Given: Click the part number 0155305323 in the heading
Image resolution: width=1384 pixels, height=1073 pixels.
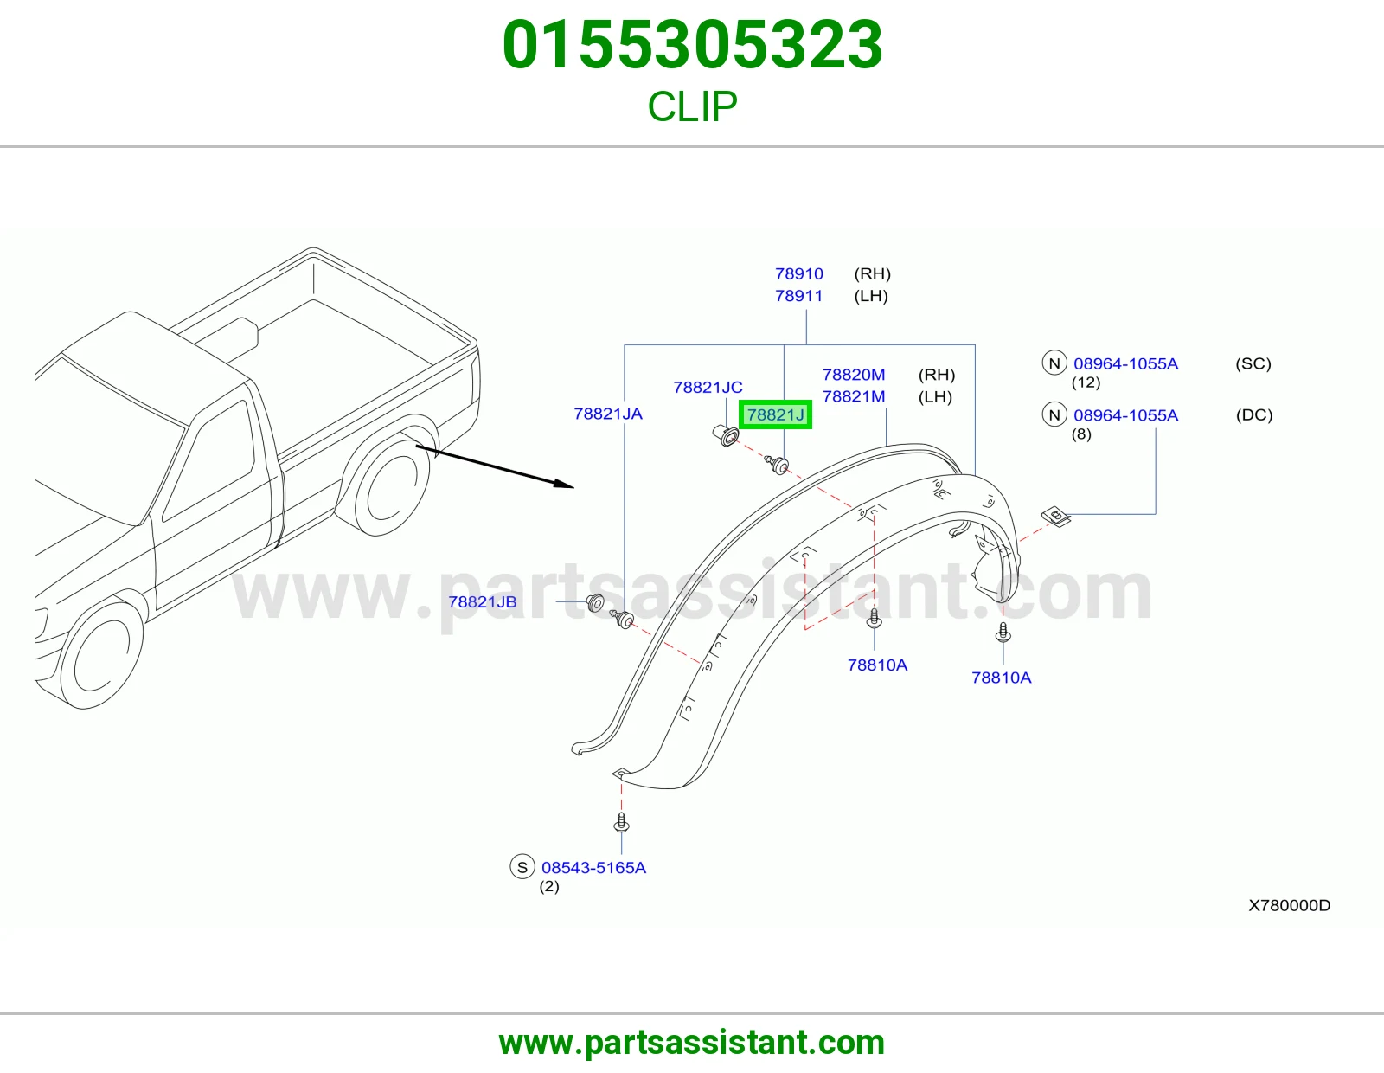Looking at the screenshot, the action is click(692, 45).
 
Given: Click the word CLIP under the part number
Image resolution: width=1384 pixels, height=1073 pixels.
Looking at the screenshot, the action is click(692, 106).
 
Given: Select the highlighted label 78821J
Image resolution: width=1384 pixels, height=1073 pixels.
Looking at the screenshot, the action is click(775, 414).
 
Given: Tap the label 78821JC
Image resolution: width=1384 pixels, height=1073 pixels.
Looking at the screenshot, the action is click(708, 387).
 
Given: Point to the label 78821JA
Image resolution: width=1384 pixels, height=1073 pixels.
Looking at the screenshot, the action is click(608, 414).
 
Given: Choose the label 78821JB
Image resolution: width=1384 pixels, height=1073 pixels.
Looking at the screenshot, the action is click(482, 601).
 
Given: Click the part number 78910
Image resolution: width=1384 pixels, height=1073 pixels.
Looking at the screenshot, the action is click(798, 273).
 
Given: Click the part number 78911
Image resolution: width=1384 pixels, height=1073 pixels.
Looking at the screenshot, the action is click(798, 296).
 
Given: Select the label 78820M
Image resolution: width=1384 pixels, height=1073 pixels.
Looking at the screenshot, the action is click(854, 374).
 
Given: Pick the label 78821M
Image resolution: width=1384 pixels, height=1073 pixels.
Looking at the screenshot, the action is click(854, 396).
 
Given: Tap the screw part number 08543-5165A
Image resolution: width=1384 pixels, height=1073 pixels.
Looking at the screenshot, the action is click(593, 867).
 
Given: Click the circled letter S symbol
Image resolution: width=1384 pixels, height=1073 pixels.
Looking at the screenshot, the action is click(522, 867).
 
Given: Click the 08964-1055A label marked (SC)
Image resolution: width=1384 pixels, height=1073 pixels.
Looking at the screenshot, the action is click(1125, 363).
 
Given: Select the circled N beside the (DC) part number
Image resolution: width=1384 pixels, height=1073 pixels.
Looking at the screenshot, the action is click(1054, 414).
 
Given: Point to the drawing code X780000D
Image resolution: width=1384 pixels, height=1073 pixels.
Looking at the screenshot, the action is click(1289, 905).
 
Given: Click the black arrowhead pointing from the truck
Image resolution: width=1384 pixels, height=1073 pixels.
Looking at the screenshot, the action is click(563, 484).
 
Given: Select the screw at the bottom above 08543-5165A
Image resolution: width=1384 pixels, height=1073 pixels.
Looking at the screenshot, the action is click(622, 822).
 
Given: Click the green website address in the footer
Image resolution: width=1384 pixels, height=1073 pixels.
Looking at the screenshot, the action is click(692, 1043).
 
